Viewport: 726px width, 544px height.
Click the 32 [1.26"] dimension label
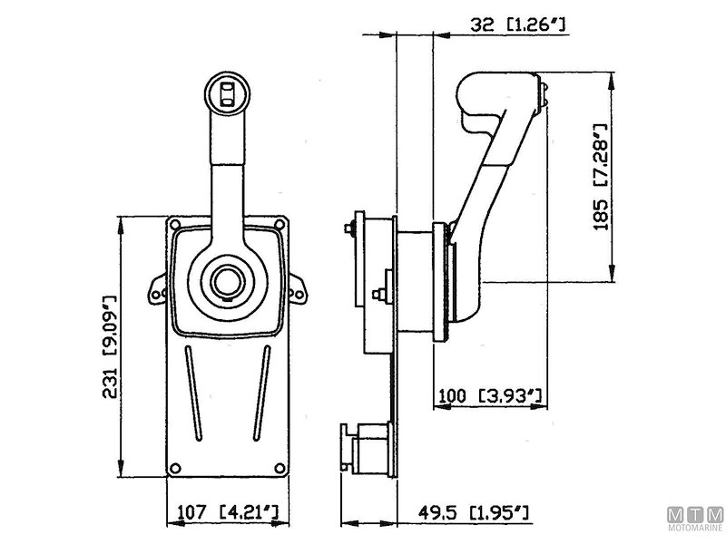point(520,27)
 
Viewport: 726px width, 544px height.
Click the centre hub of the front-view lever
point(224,282)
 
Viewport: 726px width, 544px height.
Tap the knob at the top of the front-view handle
point(225,92)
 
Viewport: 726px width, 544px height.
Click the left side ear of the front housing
point(155,289)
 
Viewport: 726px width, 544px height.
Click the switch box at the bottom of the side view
point(368,450)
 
